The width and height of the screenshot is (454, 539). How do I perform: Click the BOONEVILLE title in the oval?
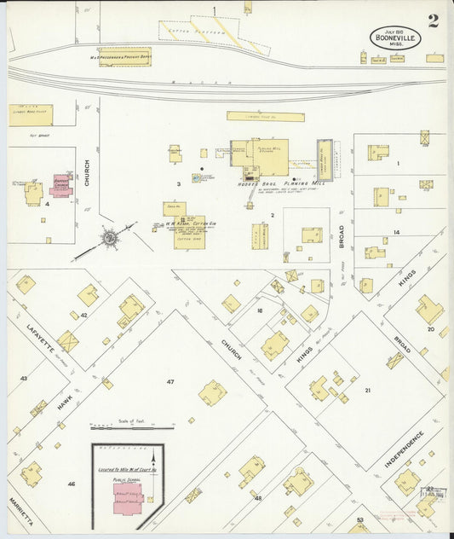[x=394, y=38]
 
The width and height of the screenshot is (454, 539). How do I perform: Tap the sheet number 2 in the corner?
[x=434, y=21]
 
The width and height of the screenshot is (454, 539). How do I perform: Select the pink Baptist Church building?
[x=61, y=185]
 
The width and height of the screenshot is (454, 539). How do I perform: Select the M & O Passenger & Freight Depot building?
[x=124, y=57]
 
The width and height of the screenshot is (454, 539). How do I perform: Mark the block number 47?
[x=170, y=381]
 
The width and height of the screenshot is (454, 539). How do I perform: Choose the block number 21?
[x=368, y=391]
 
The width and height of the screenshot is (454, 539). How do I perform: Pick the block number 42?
[x=84, y=316]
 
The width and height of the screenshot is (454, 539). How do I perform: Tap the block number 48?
[x=257, y=497]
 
